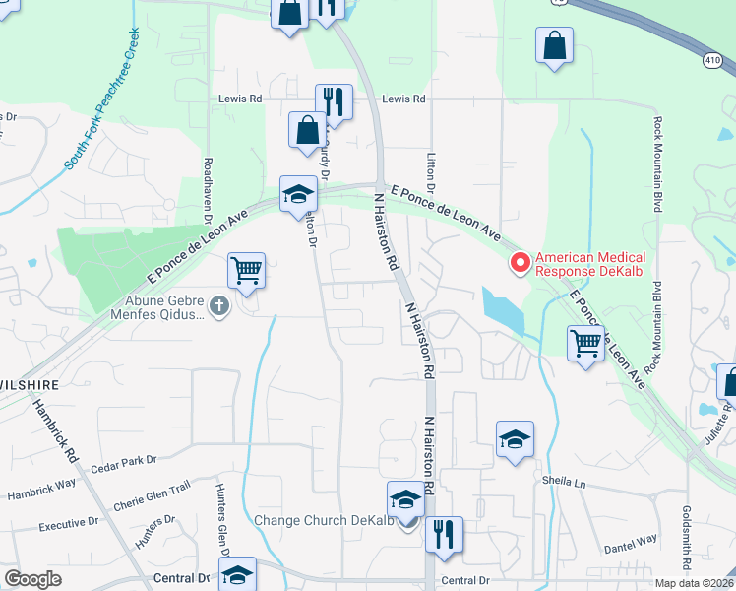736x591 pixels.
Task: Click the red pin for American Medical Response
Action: [520, 263]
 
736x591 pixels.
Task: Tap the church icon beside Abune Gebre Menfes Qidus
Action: [219, 307]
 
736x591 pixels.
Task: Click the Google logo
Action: [32, 578]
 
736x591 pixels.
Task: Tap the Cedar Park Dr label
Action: [124, 460]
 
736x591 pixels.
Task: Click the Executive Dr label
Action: [69, 524]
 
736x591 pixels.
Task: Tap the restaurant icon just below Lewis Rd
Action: [334, 101]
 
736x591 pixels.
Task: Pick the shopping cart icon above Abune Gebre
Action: [246, 269]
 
